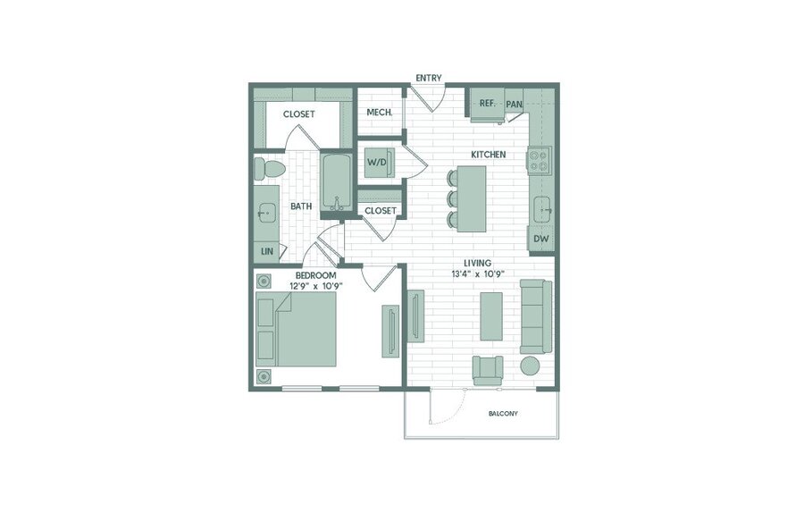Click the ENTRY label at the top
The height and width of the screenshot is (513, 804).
pyautogui.click(x=429, y=78)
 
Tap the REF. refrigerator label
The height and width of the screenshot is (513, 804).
pyautogui.click(x=488, y=103)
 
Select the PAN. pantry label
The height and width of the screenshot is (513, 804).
pyautogui.click(x=515, y=105)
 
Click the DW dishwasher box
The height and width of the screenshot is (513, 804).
pyautogui.click(x=541, y=239)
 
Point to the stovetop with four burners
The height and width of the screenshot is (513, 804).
pyautogui.click(x=540, y=160)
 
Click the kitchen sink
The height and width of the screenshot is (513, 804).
pyautogui.click(x=542, y=210)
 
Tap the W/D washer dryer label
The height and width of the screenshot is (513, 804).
pyautogui.click(x=376, y=163)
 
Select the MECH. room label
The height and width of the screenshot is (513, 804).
pyautogui.click(x=380, y=113)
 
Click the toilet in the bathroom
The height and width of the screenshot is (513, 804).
pyautogui.click(x=269, y=169)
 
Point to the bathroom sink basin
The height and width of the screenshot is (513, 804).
pyautogui.click(x=265, y=211)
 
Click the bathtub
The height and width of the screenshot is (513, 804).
pyautogui.click(x=337, y=182)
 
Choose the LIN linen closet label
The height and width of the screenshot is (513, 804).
pyautogui.click(x=267, y=251)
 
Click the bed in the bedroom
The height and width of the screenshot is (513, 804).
pyautogui.click(x=297, y=329)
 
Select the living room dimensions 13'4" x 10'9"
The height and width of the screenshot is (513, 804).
pyautogui.click(x=478, y=273)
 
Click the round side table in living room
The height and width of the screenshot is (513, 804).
pyautogui.click(x=530, y=366)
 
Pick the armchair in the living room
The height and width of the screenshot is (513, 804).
pyautogui.click(x=488, y=370)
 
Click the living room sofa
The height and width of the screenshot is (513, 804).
pyautogui.click(x=537, y=316)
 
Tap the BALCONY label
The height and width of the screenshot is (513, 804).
pyautogui.click(x=503, y=414)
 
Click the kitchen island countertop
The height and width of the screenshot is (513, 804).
pyautogui.click(x=472, y=198)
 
